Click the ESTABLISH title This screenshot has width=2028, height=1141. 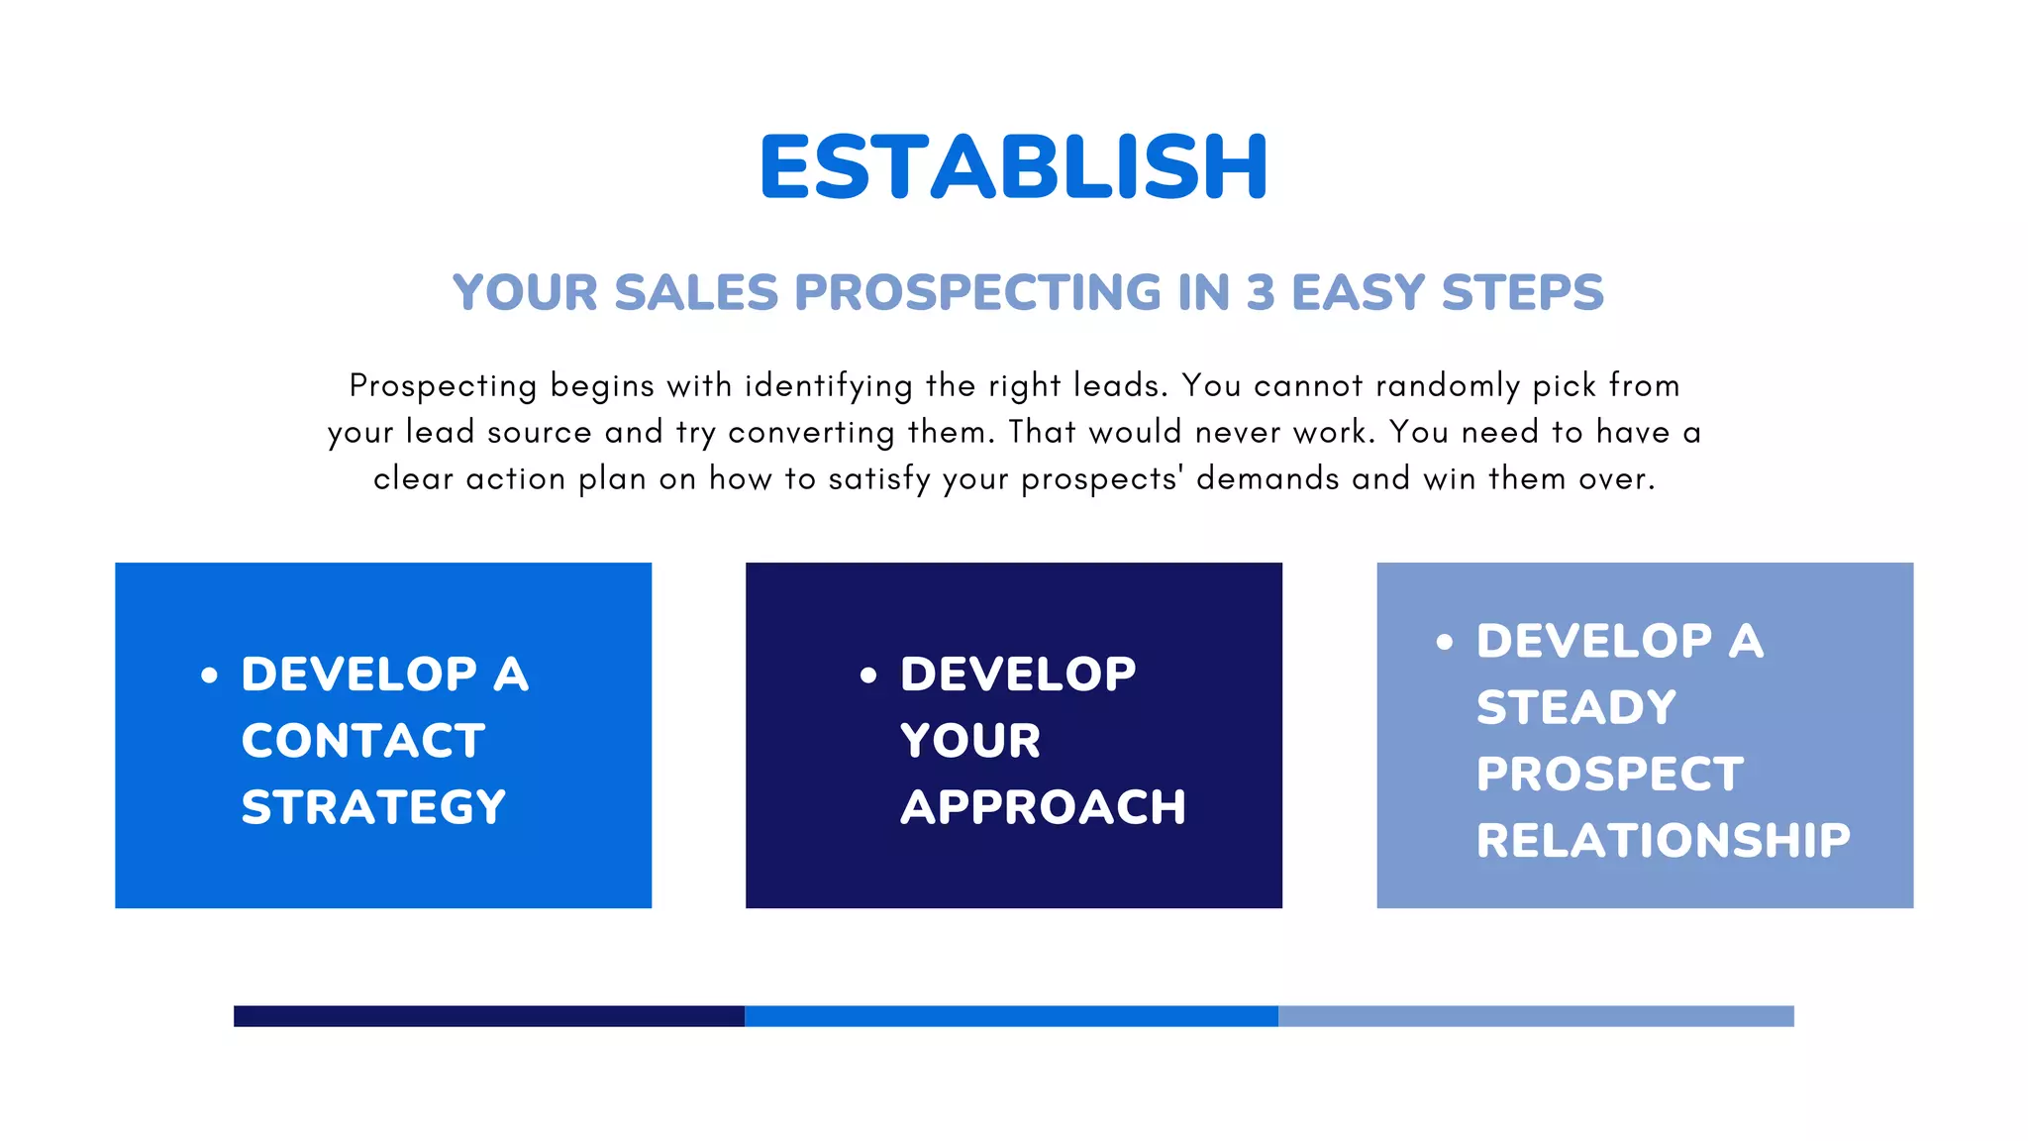pyautogui.click(x=1013, y=166)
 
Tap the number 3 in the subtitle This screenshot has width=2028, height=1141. pyautogui.click(x=1260, y=293)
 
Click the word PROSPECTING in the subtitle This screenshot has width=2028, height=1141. pyautogui.click(x=977, y=293)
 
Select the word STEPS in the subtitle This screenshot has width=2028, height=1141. pyautogui.click(x=1522, y=293)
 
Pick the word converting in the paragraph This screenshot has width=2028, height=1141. pyautogui.click(x=811, y=433)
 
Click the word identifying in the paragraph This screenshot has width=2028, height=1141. pyautogui.click(x=829, y=385)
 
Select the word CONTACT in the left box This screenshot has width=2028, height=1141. pyautogui.click(x=363, y=741)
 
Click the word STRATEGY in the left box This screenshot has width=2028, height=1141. pyautogui.click(x=373, y=807)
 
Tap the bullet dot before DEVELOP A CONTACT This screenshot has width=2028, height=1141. pyautogui.click(x=209, y=676)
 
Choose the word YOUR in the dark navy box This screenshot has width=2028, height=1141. pyautogui.click(x=970, y=741)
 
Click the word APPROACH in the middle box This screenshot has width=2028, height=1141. pyautogui.click(x=1043, y=807)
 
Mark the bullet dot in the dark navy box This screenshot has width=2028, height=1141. pyautogui.click(x=868, y=676)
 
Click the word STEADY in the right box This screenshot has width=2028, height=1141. pyautogui.click(x=1576, y=707)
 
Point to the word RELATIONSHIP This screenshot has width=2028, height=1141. pyautogui.click(x=1663, y=841)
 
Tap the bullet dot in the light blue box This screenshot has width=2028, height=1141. pyautogui.click(x=1445, y=643)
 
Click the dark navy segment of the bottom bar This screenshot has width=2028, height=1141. pyautogui.click(x=489, y=1016)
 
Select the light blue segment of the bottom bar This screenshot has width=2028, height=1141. pyautogui.click(x=1536, y=1016)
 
